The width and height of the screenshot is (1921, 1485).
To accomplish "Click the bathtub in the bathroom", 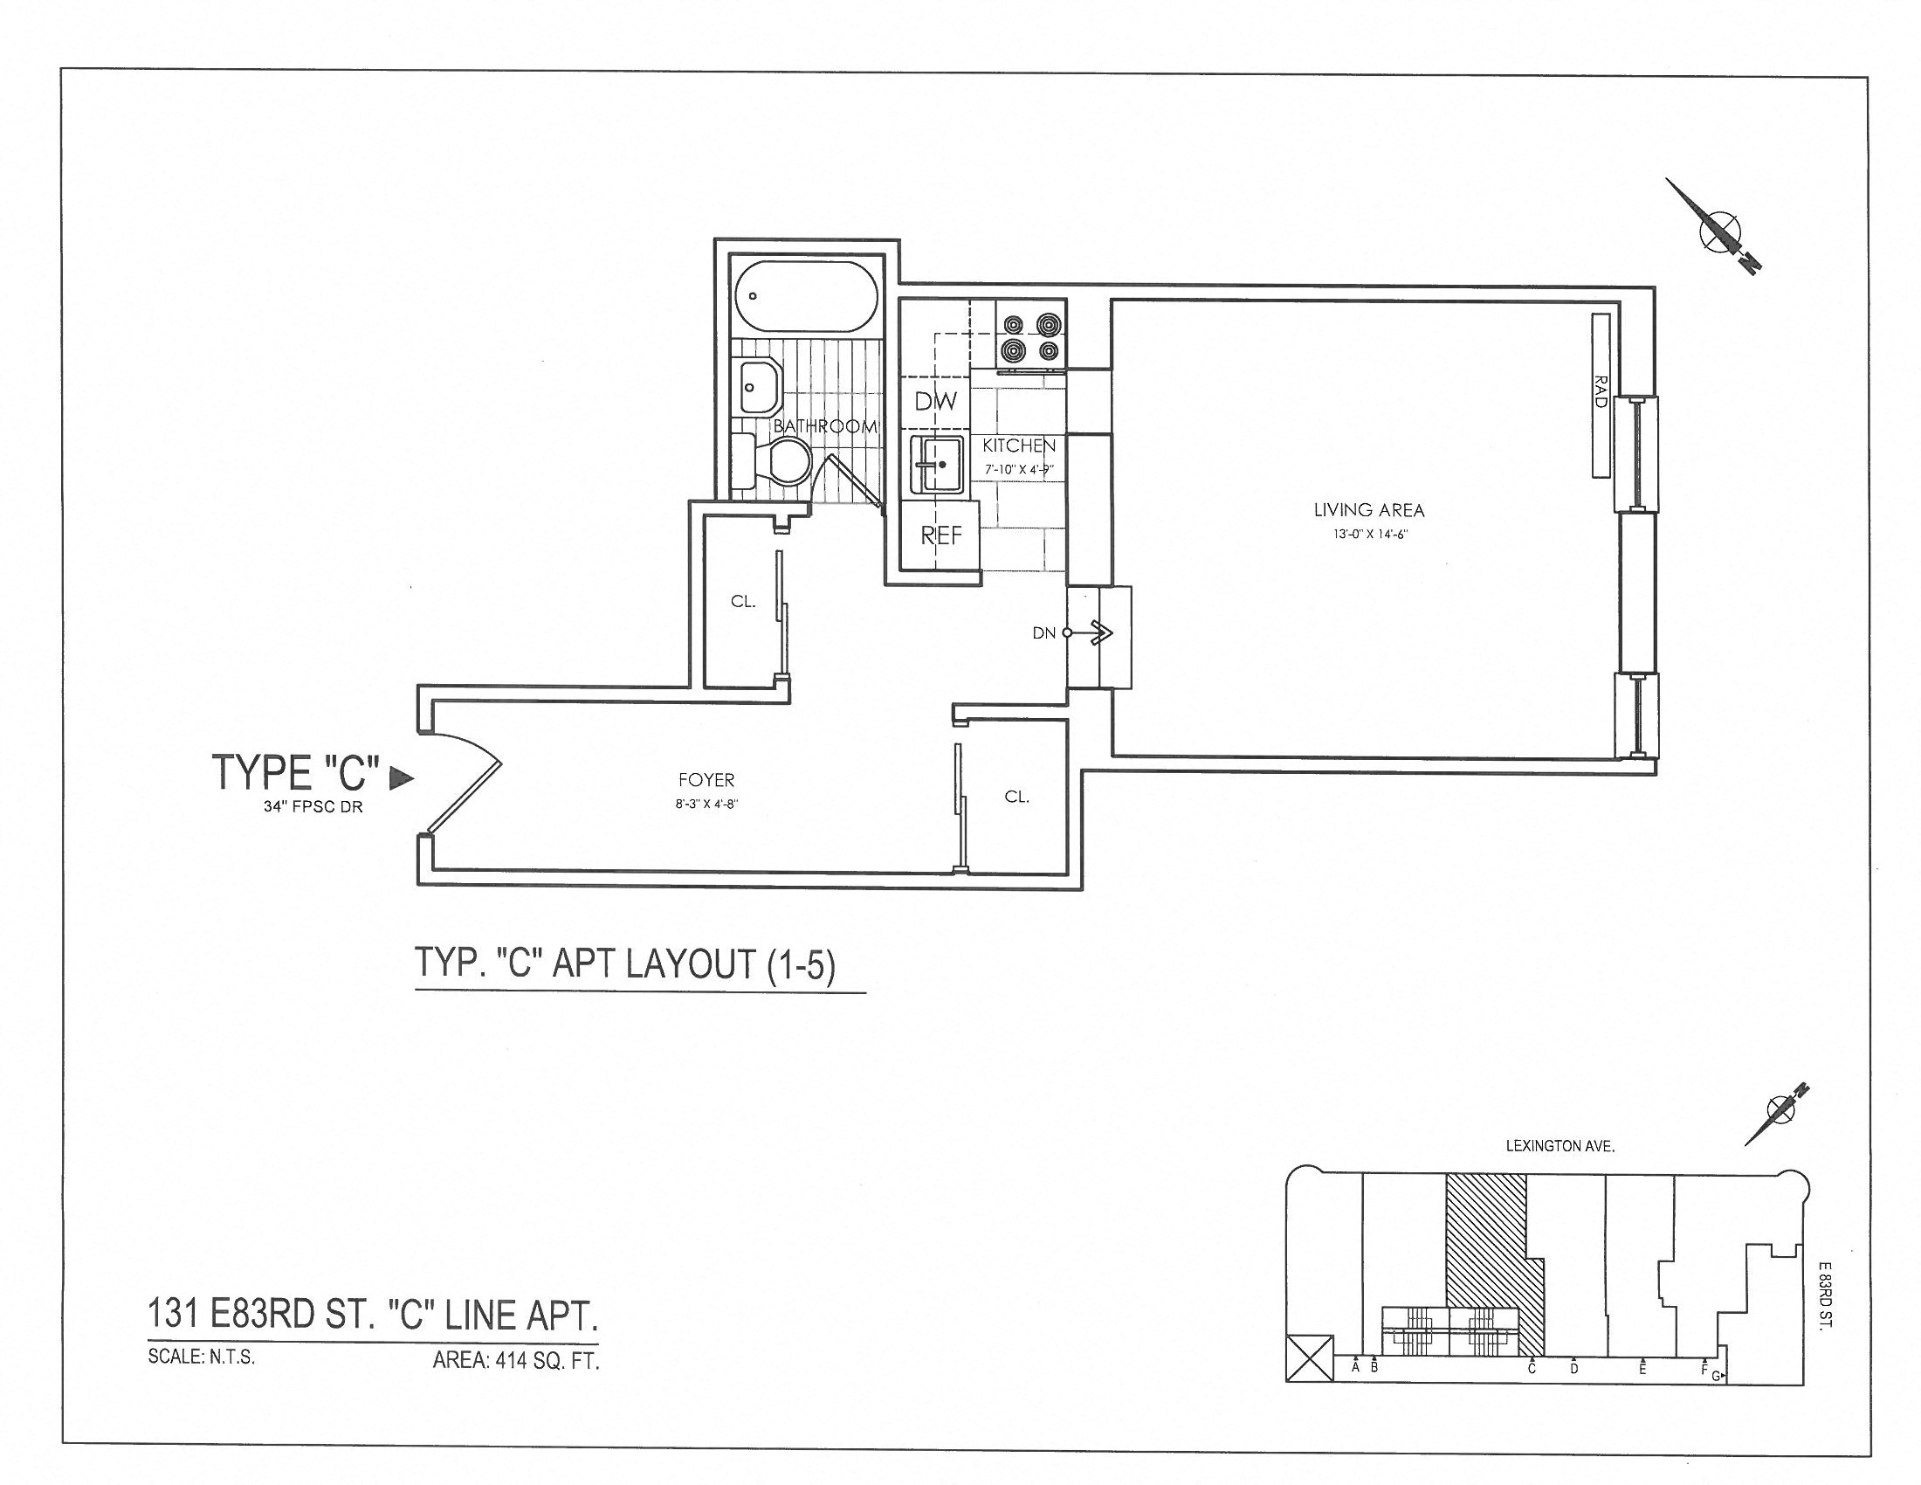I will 806,296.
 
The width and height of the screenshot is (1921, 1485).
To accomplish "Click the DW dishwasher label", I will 936,401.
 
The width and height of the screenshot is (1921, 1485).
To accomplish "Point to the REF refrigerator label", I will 941,535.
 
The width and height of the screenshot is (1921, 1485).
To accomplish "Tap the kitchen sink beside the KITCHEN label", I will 937,464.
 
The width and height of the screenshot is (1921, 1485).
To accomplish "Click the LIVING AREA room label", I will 1368,509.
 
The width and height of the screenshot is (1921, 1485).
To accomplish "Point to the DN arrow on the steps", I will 1098,632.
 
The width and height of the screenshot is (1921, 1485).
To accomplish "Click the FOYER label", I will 706,779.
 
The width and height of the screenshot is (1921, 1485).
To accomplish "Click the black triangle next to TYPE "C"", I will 401,777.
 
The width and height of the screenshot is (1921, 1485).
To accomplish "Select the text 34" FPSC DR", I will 313,807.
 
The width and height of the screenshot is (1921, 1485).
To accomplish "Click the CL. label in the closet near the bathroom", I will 743,602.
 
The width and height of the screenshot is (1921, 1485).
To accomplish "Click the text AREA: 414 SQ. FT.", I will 515,1361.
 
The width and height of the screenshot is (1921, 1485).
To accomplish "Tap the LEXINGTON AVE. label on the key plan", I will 1560,1147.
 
